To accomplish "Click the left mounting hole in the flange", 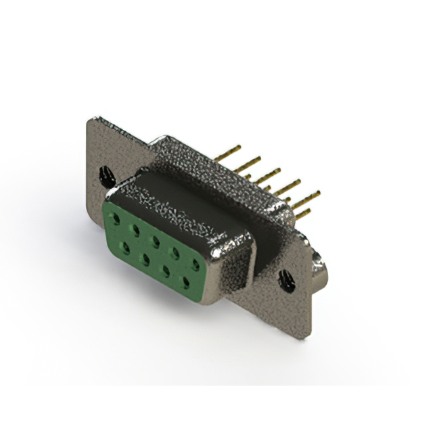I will pyautogui.click(x=107, y=177).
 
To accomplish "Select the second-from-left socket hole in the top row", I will pyautogui.click(x=135, y=229).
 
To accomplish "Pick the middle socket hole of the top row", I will pyautogui.click(x=155, y=240).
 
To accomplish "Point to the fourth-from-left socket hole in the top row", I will pyautogui.click(x=175, y=252).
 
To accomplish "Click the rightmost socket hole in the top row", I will pyautogui.click(x=196, y=263).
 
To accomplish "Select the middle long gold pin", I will pyautogui.click(x=267, y=174).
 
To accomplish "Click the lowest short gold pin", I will pyautogui.click(x=302, y=214).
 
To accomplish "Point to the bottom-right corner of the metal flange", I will pyautogui.click(x=310, y=335).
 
